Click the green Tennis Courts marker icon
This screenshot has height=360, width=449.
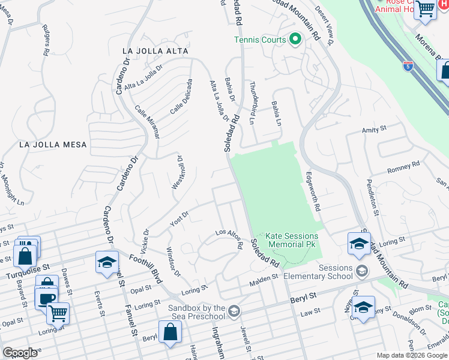[295, 40]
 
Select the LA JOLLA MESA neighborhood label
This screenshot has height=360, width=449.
[53, 145]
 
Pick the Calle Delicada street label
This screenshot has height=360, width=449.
[181, 97]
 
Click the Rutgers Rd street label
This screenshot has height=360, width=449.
[46, 41]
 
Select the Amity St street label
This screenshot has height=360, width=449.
[374, 129]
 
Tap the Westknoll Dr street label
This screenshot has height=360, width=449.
[178, 173]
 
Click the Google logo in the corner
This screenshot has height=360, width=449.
[20, 353]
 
